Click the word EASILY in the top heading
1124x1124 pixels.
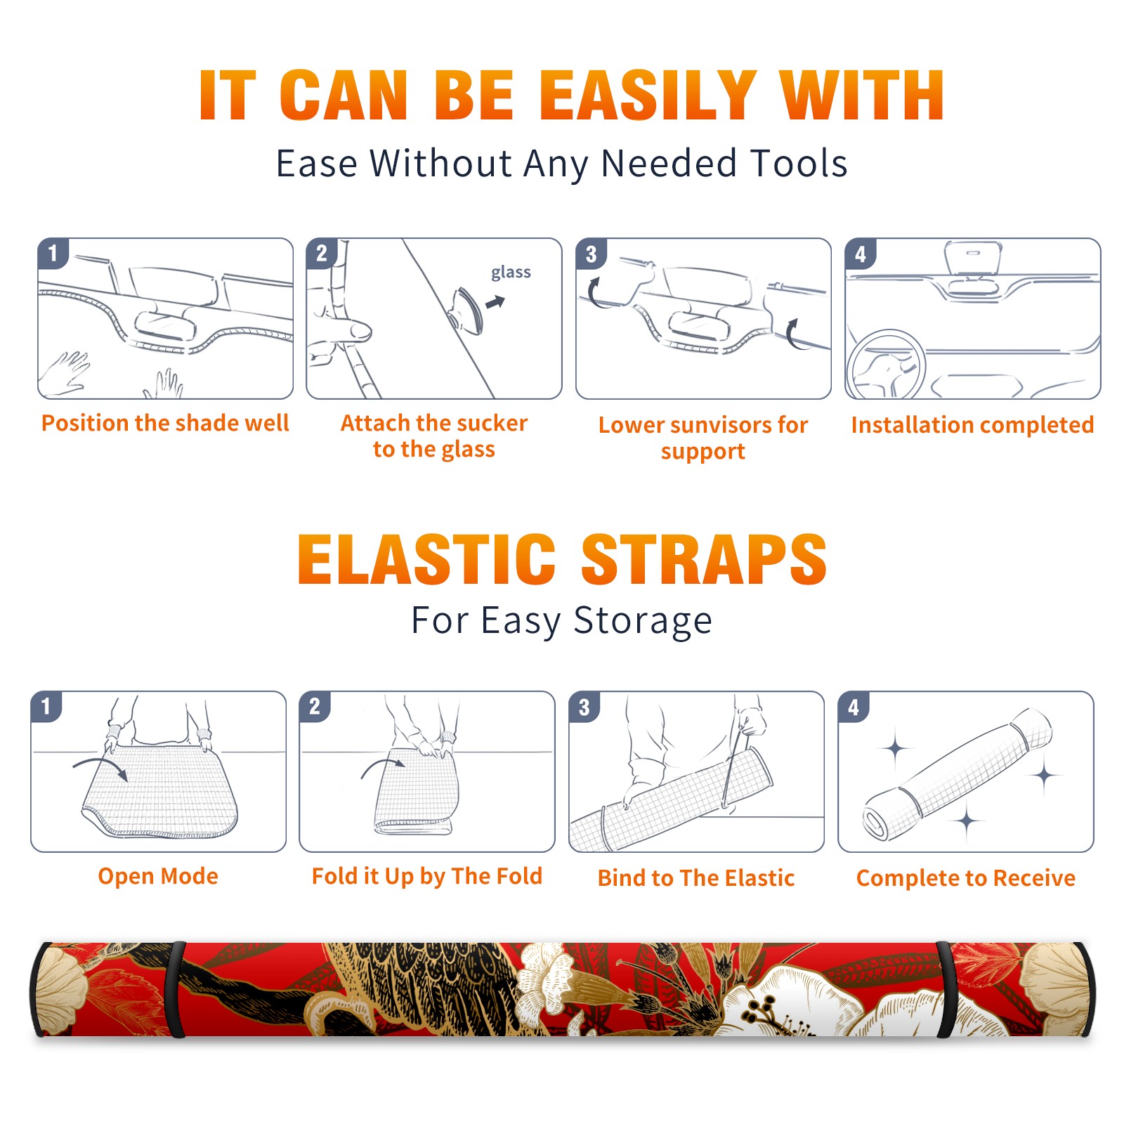coord(648,96)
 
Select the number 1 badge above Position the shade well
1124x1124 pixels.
coord(53,253)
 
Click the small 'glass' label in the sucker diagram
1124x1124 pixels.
coord(511,273)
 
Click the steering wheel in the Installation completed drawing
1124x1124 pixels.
coord(885,365)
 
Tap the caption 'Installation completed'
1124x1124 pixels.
coord(972,424)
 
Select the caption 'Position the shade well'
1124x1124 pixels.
coord(165,423)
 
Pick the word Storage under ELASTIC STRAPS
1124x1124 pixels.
coord(643,622)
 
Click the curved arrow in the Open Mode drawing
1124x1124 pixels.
coord(100,767)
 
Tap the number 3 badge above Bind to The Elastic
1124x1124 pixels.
coord(584,707)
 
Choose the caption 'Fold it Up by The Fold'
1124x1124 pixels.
coord(427,876)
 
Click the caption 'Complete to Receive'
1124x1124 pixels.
coord(966,878)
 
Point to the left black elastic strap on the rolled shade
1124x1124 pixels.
coord(176,989)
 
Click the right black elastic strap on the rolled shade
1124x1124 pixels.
coord(946,989)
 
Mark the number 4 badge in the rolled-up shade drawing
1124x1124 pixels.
coord(854,707)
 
